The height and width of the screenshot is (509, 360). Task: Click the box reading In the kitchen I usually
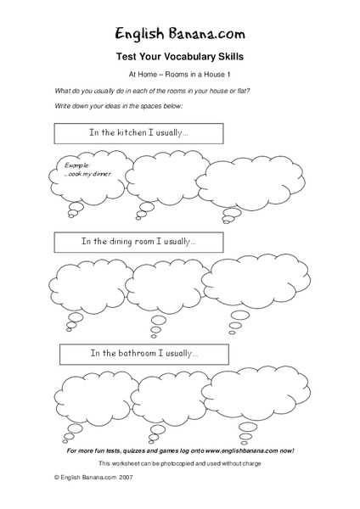tap(138, 133)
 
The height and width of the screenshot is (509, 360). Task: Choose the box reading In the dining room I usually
tap(138, 242)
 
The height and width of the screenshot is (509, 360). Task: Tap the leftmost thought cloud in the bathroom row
tap(89, 395)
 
